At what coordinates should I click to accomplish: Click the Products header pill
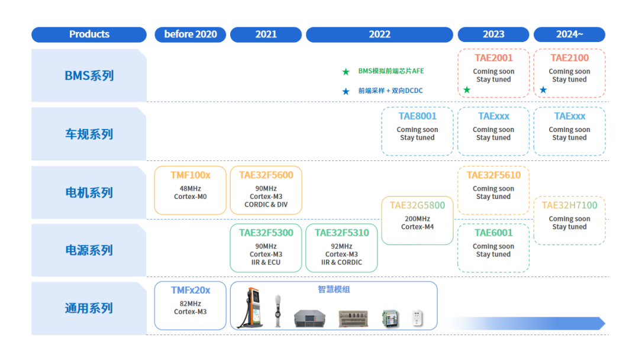(x=89, y=34)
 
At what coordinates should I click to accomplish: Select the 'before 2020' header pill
(x=190, y=34)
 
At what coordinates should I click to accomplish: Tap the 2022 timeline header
(x=379, y=34)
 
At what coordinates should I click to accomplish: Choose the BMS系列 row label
(x=89, y=76)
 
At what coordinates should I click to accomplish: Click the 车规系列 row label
(x=89, y=134)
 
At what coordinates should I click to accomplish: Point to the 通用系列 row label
(x=89, y=308)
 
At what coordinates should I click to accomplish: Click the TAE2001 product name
(x=493, y=58)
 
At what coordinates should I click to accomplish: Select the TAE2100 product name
(x=569, y=58)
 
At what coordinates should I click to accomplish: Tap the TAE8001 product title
(x=417, y=117)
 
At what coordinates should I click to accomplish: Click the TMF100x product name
(x=190, y=175)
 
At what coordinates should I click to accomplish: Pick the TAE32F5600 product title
(x=266, y=175)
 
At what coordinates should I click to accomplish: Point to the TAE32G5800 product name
(x=417, y=205)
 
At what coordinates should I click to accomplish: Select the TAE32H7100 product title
(x=569, y=205)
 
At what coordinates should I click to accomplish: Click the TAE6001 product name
(x=493, y=233)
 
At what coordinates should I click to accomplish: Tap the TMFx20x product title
(x=190, y=290)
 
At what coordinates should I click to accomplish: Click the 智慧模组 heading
(x=334, y=290)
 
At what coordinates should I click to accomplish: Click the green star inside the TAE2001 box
(x=467, y=90)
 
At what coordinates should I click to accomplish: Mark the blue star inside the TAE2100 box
(x=543, y=90)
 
